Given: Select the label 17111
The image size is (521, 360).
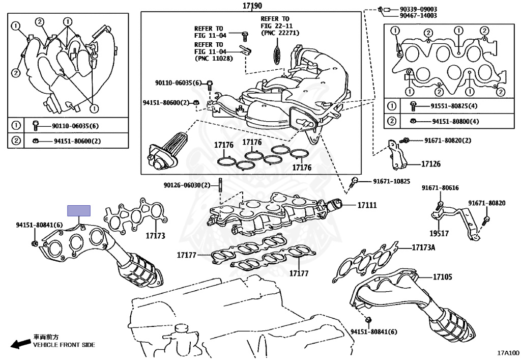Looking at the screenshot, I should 366,205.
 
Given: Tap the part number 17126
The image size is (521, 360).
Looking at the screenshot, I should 430,164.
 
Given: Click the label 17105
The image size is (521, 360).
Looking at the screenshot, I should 443,277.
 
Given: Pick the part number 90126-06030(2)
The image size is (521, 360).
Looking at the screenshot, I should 187,185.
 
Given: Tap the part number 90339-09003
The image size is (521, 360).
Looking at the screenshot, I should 418,9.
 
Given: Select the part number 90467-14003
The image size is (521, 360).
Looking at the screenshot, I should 418,16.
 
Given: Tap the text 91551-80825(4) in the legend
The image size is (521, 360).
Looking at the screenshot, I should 454,106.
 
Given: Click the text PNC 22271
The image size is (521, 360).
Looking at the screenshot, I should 279,33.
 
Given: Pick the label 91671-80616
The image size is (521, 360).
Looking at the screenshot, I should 440,188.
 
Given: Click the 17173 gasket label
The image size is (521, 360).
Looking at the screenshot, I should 155,236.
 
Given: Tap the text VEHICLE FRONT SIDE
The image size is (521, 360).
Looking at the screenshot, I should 64,345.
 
